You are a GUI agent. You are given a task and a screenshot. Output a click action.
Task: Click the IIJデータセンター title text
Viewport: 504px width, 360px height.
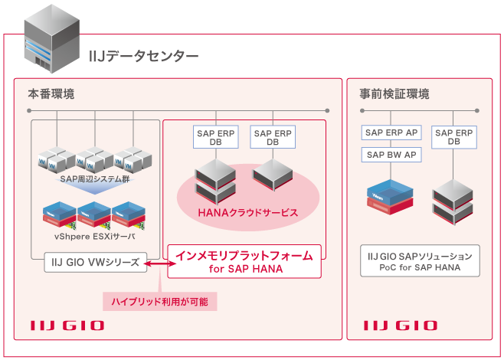(x=144, y=56)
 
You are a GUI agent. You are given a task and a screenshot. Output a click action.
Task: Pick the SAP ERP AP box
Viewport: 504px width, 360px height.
(x=391, y=133)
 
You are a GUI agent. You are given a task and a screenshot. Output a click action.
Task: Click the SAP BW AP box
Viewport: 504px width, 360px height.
(x=391, y=154)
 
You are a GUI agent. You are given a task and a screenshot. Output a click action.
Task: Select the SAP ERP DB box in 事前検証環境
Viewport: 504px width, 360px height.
(x=453, y=137)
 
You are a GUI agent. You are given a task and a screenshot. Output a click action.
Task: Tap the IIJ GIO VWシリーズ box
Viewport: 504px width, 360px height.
(x=92, y=262)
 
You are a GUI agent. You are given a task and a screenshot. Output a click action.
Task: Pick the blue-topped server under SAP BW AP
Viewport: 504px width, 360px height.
(x=391, y=195)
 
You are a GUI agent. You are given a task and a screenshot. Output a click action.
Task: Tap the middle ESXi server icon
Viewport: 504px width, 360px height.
(x=94, y=214)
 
